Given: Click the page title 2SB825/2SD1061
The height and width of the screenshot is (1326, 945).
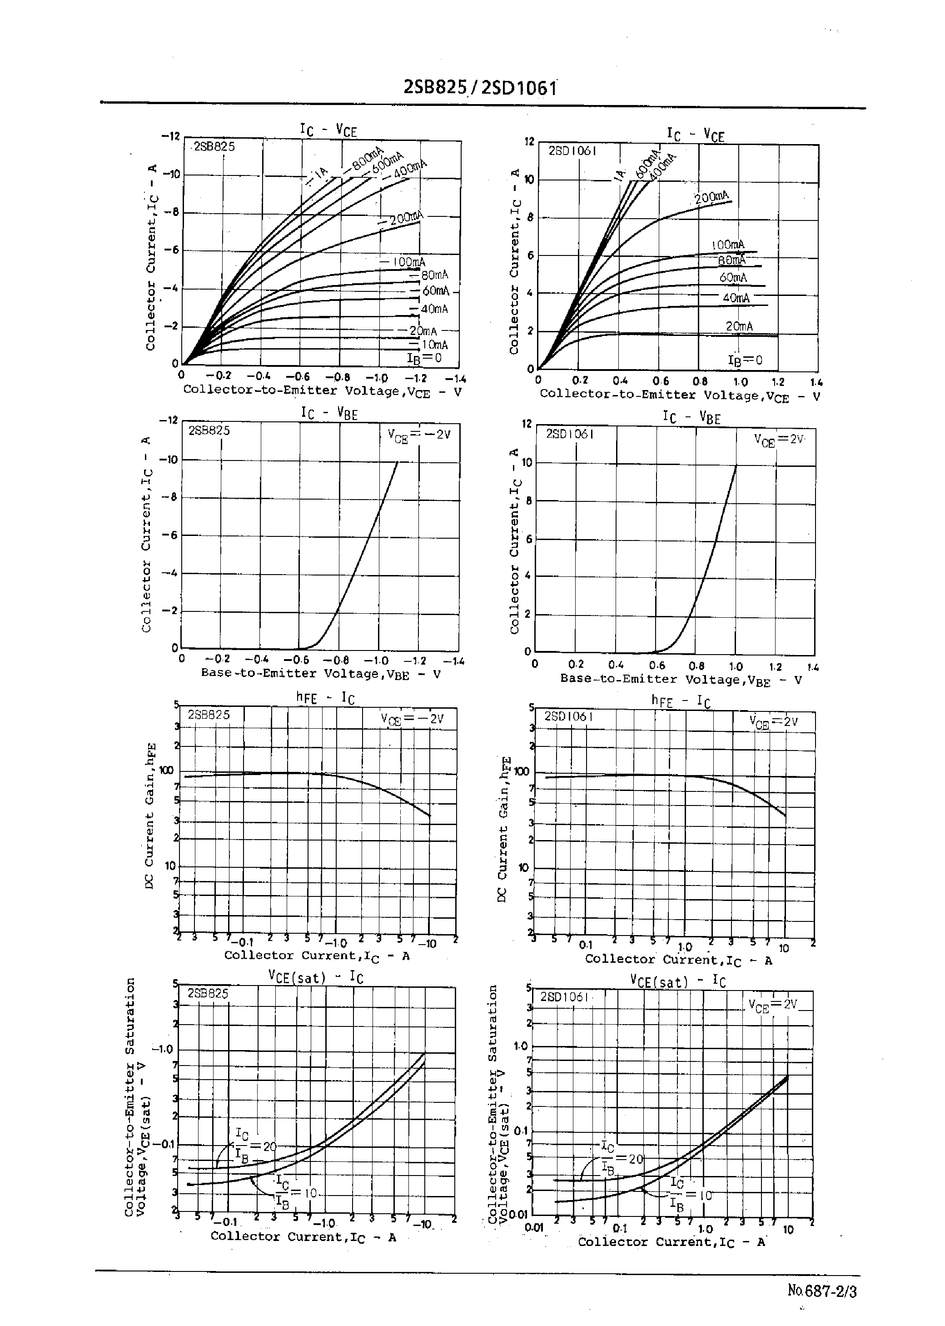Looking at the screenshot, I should pos(480,87).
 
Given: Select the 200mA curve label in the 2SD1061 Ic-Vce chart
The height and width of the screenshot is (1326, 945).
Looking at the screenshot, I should pos(711,197).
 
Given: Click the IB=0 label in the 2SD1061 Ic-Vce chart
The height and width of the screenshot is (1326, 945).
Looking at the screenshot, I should pos(745,360).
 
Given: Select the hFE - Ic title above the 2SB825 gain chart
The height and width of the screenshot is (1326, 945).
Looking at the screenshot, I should pos(325,698).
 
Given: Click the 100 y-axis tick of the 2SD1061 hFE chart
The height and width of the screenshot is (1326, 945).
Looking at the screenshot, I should pos(522,772).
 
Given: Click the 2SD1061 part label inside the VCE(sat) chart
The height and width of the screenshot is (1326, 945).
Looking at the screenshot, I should pos(564,996).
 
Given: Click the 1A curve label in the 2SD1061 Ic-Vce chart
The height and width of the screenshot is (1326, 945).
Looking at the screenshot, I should pos(620,172).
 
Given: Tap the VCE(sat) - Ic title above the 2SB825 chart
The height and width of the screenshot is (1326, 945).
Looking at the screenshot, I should pos(315,977).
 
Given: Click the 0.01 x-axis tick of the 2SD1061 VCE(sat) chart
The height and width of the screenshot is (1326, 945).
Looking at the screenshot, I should pos(533,1228).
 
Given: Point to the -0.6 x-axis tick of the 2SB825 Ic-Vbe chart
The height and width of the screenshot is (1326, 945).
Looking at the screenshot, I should pos(296,660).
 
